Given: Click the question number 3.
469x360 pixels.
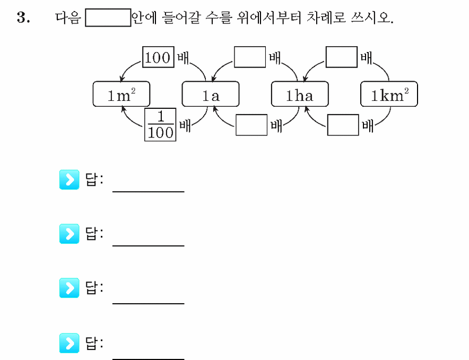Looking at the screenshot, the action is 23,18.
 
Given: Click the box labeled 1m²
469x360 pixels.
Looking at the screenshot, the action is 121,94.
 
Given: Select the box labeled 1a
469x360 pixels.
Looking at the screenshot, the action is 211,94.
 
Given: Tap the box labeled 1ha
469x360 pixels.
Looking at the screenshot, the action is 300,94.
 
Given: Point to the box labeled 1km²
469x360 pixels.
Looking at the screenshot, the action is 389,94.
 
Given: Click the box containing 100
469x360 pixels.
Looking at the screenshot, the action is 158,57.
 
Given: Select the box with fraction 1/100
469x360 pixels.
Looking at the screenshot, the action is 160,124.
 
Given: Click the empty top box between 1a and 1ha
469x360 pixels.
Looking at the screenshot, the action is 250,57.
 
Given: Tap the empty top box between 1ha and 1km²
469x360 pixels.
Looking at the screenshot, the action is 342,57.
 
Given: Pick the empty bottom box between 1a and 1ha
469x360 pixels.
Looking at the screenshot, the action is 251,125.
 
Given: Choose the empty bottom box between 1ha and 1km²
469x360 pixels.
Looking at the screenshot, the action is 343,125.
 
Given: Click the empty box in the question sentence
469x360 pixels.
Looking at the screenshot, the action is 108,18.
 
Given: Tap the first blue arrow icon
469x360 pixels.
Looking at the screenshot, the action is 70,179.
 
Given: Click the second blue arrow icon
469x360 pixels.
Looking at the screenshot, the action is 70,234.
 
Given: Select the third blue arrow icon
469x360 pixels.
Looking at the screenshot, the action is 70,288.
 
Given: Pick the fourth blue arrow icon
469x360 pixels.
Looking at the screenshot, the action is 70,343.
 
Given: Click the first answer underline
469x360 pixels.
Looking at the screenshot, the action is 149,192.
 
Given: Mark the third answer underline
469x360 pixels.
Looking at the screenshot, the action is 149,303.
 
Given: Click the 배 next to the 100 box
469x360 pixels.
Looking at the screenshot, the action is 183,57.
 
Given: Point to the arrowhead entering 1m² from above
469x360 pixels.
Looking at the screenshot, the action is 121,79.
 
